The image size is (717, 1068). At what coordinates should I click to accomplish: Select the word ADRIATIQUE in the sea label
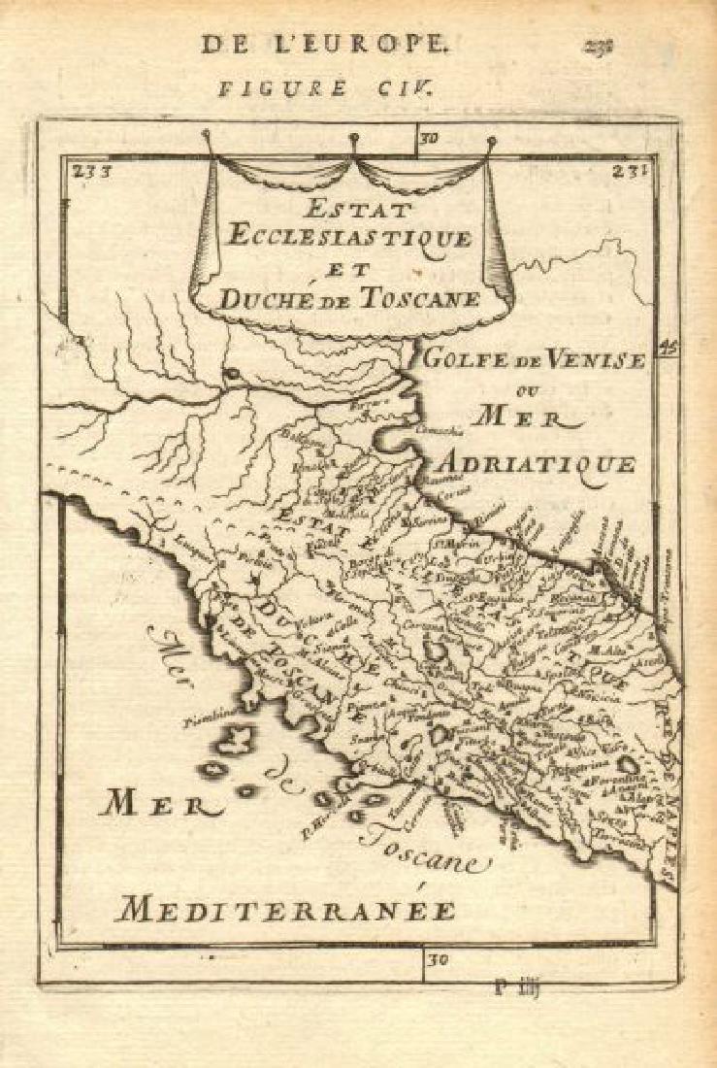click(553, 463)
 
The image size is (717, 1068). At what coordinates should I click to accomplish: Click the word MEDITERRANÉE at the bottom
click(285, 910)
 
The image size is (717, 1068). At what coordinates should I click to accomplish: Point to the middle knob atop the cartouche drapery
click(354, 138)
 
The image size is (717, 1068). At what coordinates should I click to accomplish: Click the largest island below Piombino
click(234, 741)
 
